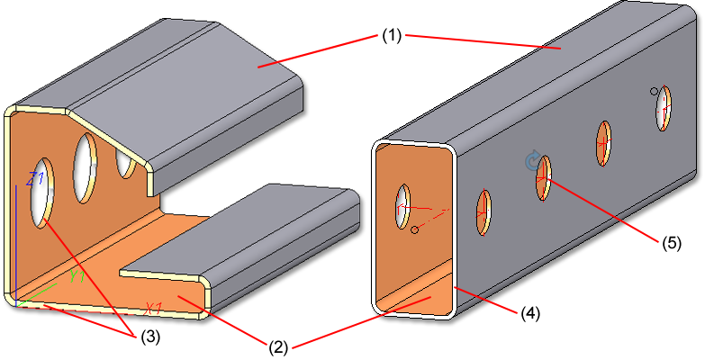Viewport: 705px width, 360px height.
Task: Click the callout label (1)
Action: coord(392,36)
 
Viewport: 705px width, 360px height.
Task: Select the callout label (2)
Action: coord(278,348)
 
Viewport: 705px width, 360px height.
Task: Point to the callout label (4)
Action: coord(530,313)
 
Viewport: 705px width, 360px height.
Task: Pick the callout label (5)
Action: coord(672,243)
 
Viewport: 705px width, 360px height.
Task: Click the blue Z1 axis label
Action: coord(34,179)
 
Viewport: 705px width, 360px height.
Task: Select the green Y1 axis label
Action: coord(77,277)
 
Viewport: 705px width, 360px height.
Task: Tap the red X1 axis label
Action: coord(154,308)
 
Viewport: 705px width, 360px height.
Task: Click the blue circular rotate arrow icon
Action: coord(532,161)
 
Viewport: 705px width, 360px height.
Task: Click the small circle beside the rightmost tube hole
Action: coord(655,92)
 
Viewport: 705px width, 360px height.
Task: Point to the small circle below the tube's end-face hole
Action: coord(415,230)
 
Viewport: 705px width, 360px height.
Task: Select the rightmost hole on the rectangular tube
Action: coord(664,108)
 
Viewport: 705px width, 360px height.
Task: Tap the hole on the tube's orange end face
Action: coord(402,206)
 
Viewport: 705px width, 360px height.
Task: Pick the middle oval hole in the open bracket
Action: coord(86,168)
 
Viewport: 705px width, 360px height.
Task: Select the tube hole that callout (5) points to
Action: coord(544,178)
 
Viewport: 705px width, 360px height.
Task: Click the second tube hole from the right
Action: coord(603,144)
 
